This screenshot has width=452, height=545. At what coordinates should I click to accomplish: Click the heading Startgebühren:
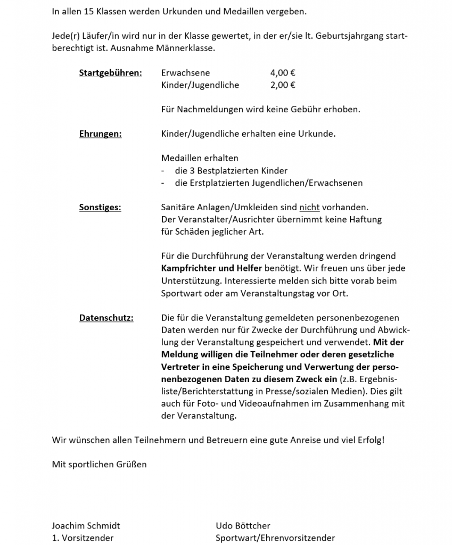tap(110, 73)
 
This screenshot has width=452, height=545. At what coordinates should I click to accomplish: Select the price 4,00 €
tap(283, 73)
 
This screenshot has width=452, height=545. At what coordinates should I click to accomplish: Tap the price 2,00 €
tap(283, 85)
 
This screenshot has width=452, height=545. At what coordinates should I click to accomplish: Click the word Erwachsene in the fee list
tap(185, 73)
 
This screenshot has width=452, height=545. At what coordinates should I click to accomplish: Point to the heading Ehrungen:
tap(100, 134)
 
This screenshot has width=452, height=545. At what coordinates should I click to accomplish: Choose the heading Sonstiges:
tap(100, 208)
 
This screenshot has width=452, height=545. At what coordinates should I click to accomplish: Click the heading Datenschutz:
tap(106, 318)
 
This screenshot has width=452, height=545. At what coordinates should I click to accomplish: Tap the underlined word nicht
tap(306, 208)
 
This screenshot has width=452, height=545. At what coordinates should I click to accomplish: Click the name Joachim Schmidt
tap(86, 526)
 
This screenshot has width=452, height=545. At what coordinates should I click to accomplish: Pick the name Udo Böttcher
tap(243, 526)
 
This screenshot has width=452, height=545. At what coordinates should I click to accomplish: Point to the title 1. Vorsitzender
tap(83, 538)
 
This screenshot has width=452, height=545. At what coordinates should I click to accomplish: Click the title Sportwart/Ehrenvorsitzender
tap(275, 538)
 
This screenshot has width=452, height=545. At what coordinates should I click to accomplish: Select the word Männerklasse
tap(190, 48)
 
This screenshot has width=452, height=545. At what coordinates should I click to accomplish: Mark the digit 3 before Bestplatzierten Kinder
tap(191, 171)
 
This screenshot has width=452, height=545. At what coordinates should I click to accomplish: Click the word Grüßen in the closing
tap(131, 464)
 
